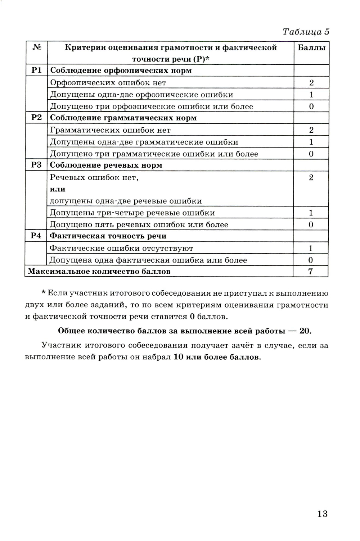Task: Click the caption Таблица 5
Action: coord(306,32)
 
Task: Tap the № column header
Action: coord(36,47)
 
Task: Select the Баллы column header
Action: coord(311,48)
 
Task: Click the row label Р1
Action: coord(36,70)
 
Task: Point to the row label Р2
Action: coord(36,118)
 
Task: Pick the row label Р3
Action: coord(36,165)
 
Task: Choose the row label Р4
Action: coord(36,236)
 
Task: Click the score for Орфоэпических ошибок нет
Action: coord(311,83)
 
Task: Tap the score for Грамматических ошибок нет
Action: coord(311,130)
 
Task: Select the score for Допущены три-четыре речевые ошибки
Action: coord(311,213)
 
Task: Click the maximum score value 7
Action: coord(311,272)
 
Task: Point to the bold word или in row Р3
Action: coord(58,189)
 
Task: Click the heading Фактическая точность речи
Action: coord(108,236)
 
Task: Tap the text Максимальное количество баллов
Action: coord(99,272)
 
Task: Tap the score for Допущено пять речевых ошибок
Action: coord(311,225)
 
